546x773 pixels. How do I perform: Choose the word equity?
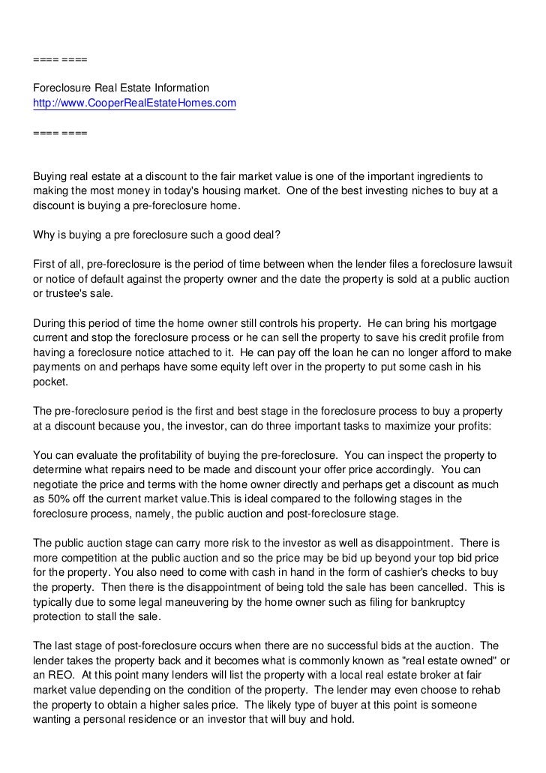click(253, 367)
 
